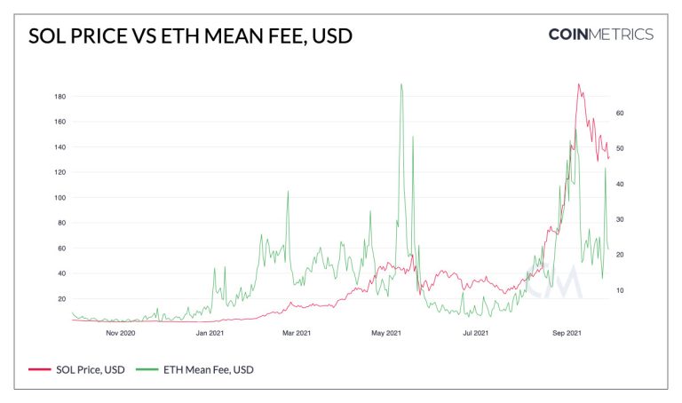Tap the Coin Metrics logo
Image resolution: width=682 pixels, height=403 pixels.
pos(600,35)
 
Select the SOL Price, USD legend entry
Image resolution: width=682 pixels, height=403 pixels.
pos(76,369)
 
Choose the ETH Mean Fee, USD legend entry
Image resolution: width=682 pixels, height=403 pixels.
pos(194,369)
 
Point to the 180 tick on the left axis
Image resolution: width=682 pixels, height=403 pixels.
pos(60,97)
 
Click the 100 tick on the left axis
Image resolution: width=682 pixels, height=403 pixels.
pos(60,198)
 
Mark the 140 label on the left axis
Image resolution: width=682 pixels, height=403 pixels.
pos(60,147)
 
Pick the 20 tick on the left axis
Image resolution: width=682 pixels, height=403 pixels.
pos(62,299)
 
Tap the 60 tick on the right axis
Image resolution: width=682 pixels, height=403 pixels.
pos(620,113)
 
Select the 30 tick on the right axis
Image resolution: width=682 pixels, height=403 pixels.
pos(620,219)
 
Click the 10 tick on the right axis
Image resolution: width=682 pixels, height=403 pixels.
pos(620,290)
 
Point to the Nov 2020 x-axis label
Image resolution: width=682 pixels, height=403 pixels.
pos(121,333)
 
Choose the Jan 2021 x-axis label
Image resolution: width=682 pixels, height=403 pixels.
pos(210,333)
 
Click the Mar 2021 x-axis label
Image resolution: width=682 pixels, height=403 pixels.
pos(297,333)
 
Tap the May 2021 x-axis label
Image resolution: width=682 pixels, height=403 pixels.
pos(386,333)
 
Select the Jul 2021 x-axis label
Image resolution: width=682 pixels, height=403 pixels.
pos(475,333)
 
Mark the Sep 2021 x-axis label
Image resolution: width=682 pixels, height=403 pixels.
pos(567,333)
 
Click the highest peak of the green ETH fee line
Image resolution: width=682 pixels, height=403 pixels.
pos(401,84)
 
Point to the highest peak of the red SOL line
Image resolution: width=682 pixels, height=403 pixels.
pos(578,84)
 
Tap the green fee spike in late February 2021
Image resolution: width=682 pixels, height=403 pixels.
pos(288,192)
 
